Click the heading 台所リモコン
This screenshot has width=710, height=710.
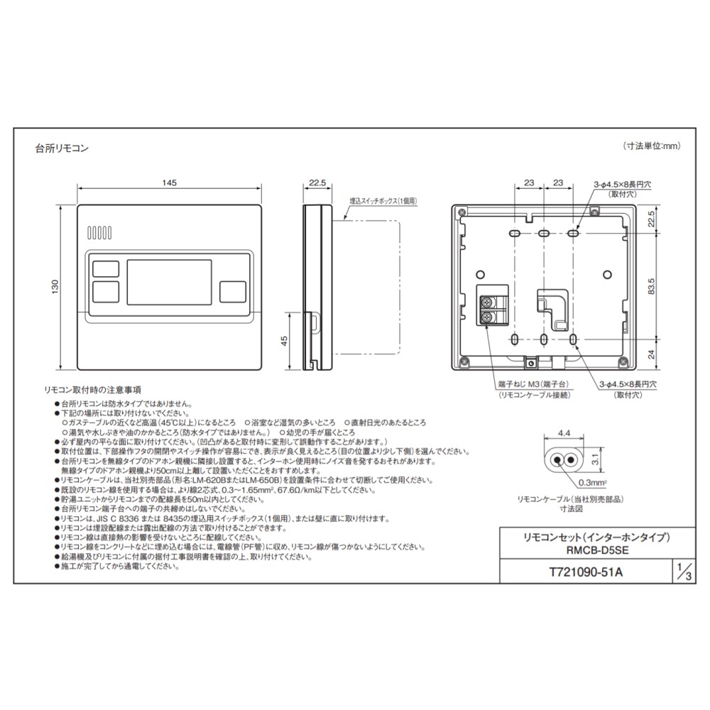tap(62, 148)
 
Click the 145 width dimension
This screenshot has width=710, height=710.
tap(169, 183)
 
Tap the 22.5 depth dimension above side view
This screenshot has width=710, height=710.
tap(317, 183)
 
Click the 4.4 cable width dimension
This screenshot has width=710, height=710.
tap(564, 431)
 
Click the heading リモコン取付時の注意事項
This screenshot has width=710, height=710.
tap(92, 390)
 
